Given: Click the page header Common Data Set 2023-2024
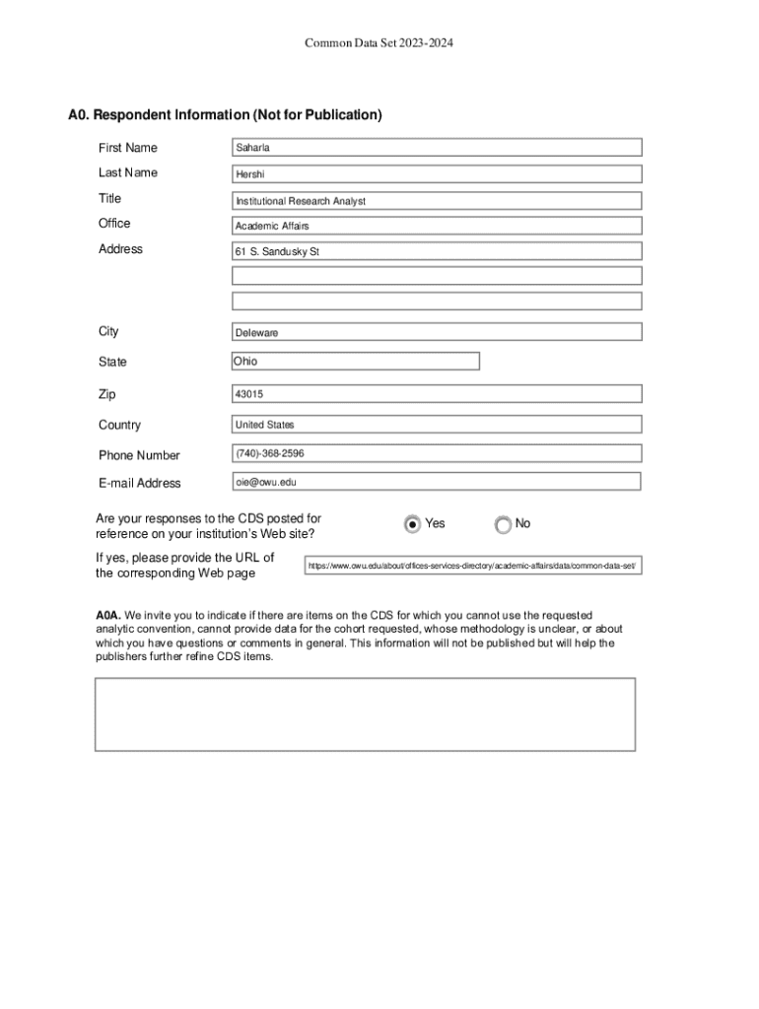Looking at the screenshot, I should [x=379, y=43].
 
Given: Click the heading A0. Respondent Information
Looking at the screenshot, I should [x=225, y=115].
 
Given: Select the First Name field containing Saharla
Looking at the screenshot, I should [x=437, y=148].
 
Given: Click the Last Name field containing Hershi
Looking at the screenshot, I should [x=437, y=174].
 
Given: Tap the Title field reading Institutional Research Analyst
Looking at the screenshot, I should [x=437, y=200].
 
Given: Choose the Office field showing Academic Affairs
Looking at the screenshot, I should [x=437, y=226].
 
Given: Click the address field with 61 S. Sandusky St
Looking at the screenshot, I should [x=437, y=251].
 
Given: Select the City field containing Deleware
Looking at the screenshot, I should [x=437, y=332].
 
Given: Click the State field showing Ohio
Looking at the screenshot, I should [x=356, y=362].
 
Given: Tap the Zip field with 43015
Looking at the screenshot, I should [x=437, y=394].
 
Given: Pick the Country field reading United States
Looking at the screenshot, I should [x=437, y=425].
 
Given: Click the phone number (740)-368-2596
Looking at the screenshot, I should [x=437, y=453].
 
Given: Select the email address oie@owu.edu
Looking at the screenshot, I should [x=437, y=482].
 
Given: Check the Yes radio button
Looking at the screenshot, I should [x=412, y=524].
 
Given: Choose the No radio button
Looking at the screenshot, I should [x=504, y=524].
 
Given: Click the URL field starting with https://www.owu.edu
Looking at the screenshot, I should [x=473, y=566].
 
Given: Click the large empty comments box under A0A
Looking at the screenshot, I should [x=365, y=714].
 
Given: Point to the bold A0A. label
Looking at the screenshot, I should [x=108, y=615].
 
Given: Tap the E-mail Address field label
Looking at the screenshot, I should [x=140, y=483].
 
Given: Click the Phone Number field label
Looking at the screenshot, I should [x=139, y=455].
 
